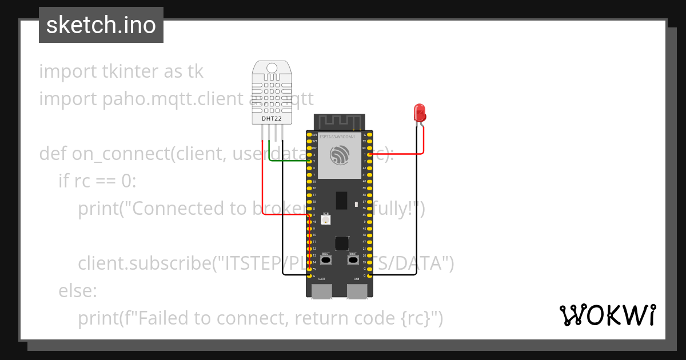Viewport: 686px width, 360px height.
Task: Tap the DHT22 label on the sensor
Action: coord(272,119)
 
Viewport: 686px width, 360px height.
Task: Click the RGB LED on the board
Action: coord(326,221)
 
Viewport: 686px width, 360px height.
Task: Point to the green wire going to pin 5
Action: coord(286,161)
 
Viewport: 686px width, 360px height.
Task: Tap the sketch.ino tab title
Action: coord(101,25)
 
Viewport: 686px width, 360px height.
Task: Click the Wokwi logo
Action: coord(607,315)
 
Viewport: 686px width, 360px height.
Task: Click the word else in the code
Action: coord(78,290)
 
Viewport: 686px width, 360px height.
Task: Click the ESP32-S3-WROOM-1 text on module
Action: coord(337,137)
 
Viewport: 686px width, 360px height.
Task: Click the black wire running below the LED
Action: coord(417,217)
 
